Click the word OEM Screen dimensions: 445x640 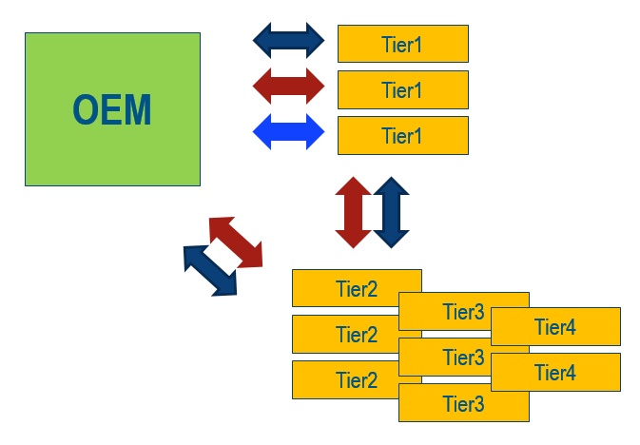point(112,110)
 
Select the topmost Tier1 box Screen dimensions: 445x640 point(402,44)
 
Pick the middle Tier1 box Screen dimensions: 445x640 point(402,89)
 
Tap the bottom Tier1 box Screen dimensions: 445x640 point(402,135)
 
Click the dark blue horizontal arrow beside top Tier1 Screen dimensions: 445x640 point(289,40)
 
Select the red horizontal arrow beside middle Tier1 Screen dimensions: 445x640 point(289,86)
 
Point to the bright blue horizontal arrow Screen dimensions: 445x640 point(289,131)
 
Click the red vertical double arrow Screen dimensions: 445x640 point(353,212)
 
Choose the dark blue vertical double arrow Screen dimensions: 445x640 point(391,212)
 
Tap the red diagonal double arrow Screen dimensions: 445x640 point(236,242)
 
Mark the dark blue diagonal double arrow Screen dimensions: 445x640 point(210,270)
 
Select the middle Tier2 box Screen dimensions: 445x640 point(344,334)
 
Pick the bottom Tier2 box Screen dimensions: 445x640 point(344,379)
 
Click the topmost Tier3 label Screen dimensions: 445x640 point(463,312)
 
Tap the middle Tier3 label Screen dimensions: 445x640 point(463,358)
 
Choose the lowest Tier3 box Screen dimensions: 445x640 point(463,403)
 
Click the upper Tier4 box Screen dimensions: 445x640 point(555,327)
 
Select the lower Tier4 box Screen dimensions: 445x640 point(555,373)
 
